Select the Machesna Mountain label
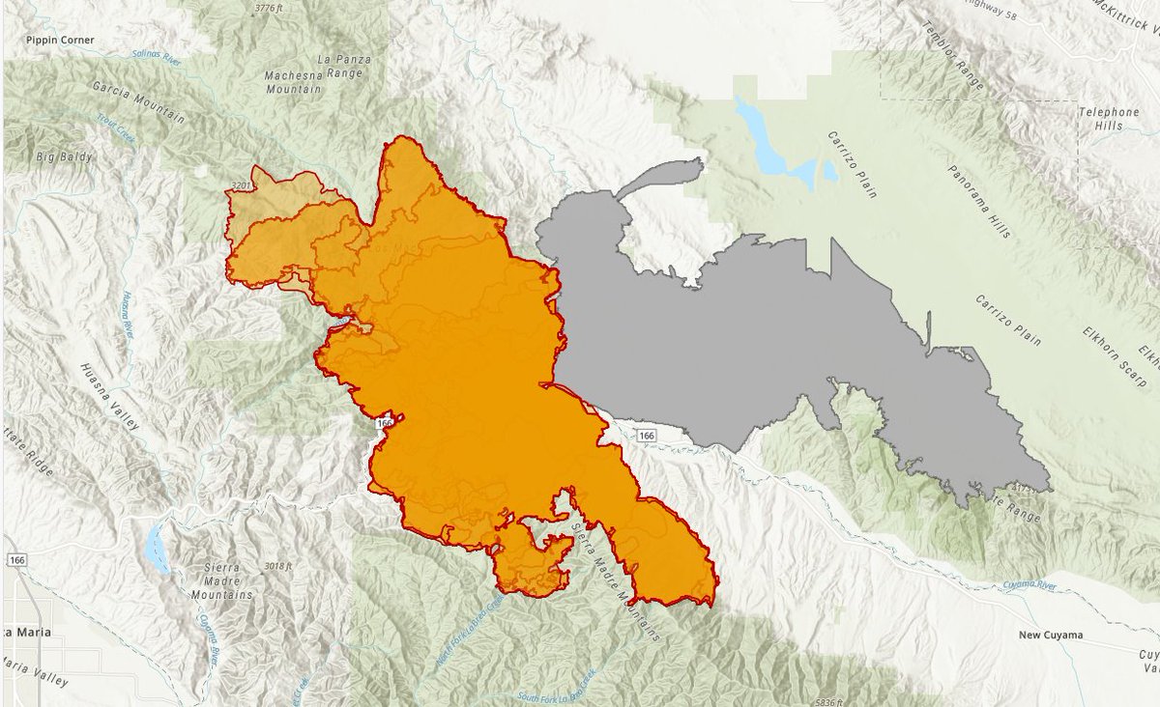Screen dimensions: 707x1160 (x=293, y=81)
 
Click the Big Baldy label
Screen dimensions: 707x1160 (x=61, y=156)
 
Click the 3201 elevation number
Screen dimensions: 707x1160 (x=242, y=184)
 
